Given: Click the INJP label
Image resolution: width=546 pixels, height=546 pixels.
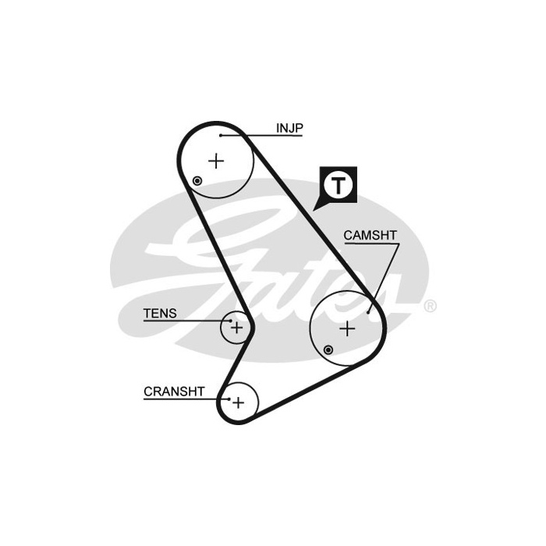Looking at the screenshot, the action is coord(289,128).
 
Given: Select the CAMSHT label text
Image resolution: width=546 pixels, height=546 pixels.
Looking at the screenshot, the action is coord(370,236).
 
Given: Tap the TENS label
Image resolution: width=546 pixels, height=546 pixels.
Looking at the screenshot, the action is coord(160,314).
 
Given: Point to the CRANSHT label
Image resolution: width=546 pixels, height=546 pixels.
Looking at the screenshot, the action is coord(174,392).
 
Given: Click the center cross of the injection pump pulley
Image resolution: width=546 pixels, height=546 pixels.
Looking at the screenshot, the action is coord(216,161).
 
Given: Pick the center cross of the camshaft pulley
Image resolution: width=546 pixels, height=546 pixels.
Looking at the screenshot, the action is coord(347,328).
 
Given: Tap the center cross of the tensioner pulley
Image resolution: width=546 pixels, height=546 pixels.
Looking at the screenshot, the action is coord(237,328).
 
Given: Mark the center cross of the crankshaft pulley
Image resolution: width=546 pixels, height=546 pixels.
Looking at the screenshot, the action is coord(238,403).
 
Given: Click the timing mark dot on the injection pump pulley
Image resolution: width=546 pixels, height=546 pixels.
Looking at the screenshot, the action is coord(197,181).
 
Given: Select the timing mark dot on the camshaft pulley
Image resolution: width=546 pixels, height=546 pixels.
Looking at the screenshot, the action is coord(328,350).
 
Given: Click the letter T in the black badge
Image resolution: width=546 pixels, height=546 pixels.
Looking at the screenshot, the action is coord(338,186).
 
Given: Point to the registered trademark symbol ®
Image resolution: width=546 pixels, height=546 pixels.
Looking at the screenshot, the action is coord(431,306).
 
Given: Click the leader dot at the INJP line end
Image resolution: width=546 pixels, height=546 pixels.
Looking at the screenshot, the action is coord(221,136).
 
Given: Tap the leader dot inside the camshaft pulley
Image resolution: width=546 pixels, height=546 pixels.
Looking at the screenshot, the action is coord(368,312).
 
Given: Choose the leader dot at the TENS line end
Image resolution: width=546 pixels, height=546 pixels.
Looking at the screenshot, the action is coord(231,321).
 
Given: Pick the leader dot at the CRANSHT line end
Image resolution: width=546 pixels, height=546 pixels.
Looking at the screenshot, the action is coord(229,399).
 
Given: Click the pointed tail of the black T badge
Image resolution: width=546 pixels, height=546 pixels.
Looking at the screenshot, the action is coord(314,210).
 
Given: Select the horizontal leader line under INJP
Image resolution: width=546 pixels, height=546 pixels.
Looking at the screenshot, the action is coord(261,136).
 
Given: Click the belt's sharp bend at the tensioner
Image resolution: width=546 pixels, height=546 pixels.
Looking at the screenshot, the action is coord(253,328).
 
